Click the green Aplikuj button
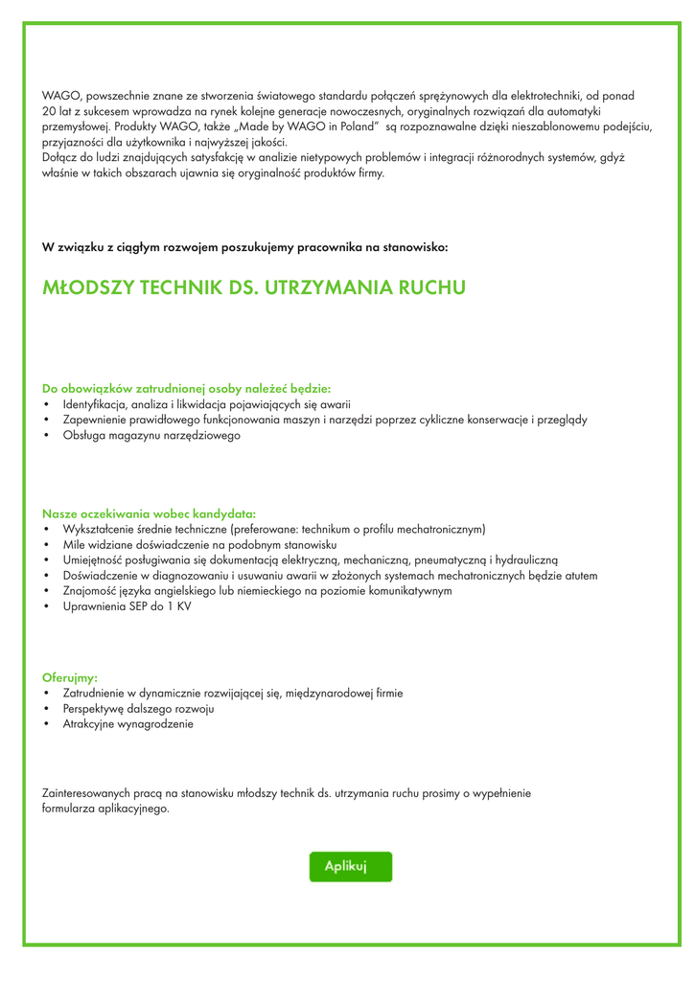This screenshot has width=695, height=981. click(350, 866)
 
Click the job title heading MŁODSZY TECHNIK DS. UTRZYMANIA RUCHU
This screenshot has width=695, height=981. click(254, 287)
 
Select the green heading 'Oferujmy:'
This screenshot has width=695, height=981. click(70, 677)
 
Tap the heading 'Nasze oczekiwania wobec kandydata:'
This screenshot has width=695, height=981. click(149, 513)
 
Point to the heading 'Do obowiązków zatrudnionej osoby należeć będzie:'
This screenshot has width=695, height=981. click(186, 389)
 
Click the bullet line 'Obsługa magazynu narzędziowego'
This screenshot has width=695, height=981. click(151, 435)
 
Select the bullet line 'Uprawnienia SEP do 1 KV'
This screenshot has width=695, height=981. click(127, 606)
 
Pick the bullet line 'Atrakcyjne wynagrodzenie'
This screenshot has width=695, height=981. click(127, 724)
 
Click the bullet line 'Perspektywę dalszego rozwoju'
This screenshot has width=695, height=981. click(138, 709)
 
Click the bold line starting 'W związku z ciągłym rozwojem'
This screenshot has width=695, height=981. click(244, 247)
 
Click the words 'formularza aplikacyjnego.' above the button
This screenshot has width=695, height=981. click(105, 809)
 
